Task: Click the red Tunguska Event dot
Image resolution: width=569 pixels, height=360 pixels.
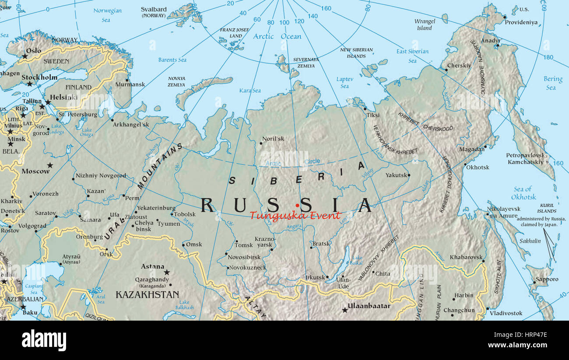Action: pos(297,205)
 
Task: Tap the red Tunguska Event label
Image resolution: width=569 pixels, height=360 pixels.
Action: pos(295,215)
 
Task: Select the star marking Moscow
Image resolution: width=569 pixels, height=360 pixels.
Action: pos(50,165)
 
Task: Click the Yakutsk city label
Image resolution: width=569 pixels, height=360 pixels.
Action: pos(396,175)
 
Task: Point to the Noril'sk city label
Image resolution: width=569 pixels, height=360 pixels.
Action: pos(274,139)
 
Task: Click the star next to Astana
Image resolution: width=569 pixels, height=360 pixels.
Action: pos(167,272)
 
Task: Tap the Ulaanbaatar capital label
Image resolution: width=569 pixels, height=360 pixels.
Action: pos(369,306)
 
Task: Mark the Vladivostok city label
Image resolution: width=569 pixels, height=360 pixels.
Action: pos(506,313)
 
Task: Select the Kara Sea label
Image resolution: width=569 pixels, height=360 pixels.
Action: pos(250,91)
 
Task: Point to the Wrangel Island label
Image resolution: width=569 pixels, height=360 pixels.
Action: pos(425,24)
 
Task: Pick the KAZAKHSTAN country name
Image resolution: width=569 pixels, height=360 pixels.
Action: pos(147,295)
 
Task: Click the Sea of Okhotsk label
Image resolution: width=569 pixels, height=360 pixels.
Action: pos(523,193)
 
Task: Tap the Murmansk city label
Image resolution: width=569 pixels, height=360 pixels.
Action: pos(130,84)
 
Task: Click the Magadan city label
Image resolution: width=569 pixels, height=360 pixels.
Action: pos(472,149)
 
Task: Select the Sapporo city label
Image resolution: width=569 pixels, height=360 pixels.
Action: pos(547,279)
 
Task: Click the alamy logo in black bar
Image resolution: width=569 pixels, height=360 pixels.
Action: pos(44,340)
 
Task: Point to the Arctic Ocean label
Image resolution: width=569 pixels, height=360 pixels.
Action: pos(277,36)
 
